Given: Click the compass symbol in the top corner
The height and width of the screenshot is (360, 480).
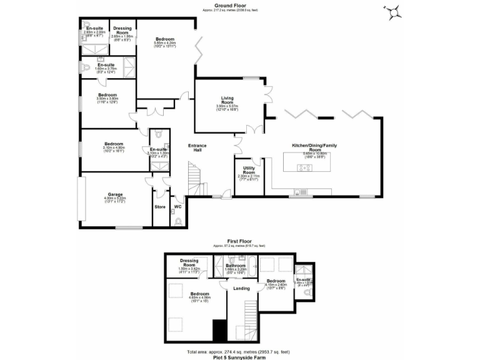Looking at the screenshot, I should (x=394, y=10).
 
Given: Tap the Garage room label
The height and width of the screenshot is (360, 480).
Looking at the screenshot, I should (x=114, y=194).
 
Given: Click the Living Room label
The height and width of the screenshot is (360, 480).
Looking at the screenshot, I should (x=227, y=99).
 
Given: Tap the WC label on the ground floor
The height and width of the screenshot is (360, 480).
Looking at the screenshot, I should (x=177, y=206).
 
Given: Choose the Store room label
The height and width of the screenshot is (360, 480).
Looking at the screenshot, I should (x=159, y=206).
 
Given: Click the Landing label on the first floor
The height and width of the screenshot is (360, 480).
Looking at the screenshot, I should (x=241, y=288).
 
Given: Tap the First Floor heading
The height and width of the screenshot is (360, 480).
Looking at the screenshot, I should (x=239, y=239).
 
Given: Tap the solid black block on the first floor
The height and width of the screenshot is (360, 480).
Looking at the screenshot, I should (x=219, y=329).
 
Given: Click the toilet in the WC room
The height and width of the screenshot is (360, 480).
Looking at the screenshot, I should (x=179, y=220).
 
